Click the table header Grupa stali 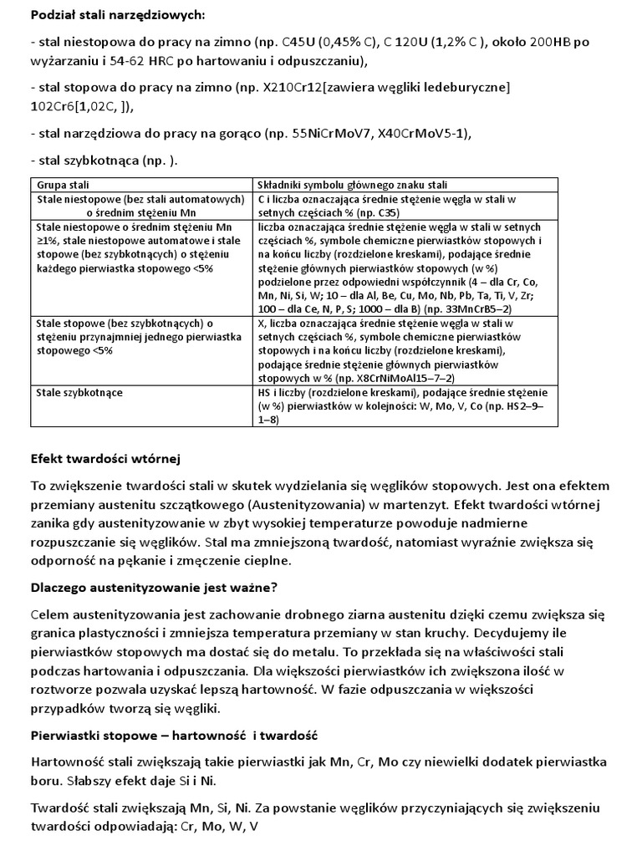click(64, 184)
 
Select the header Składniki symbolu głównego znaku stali click(354, 184)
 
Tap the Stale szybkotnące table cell click(79, 392)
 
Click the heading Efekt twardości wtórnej click(105, 459)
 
